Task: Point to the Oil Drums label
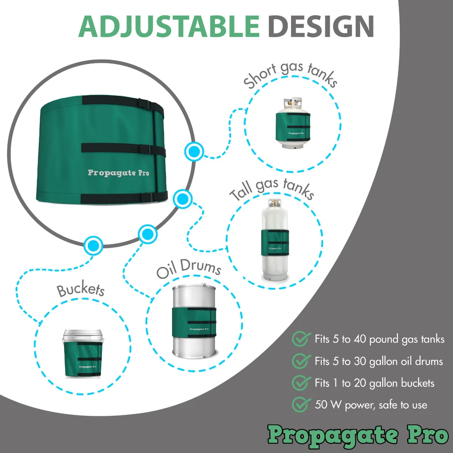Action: [189, 270]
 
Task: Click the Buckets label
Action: [81, 290]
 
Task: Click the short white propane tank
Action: [292, 125]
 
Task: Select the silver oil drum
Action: [193, 321]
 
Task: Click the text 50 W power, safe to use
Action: [371, 405]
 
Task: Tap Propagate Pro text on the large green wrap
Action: [118, 173]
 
